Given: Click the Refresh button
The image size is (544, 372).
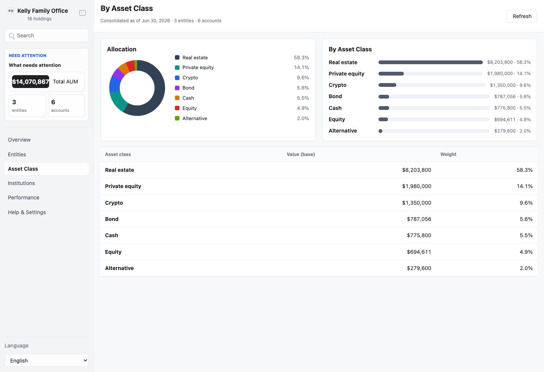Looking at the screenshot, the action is (522, 16).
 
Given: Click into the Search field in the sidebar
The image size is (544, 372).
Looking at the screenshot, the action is (46, 36).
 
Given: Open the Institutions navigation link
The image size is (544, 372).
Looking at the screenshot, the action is (22, 183).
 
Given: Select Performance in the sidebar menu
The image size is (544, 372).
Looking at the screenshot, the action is (23, 198).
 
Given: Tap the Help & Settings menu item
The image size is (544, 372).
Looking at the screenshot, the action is (27, 212).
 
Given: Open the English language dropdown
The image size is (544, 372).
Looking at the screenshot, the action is (46, 360).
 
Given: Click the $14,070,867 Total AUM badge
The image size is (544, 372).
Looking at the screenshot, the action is (31, 82).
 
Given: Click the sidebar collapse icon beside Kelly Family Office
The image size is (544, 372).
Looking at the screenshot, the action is (83, 13).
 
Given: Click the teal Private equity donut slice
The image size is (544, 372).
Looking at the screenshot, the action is (117, 102).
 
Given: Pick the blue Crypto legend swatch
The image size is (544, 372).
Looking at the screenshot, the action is (177, 78).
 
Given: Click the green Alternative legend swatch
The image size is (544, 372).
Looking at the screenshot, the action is (177, 119).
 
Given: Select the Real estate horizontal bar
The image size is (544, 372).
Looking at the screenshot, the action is (431, 62).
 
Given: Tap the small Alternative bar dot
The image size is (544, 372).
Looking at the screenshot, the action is (380, 131).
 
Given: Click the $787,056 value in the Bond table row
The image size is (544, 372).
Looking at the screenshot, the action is (419, 219).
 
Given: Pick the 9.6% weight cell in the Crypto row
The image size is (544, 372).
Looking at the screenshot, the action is (526, 203).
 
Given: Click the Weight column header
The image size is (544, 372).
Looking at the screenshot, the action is (448, 154).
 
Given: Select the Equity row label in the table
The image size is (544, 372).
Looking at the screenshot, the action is (113, 252).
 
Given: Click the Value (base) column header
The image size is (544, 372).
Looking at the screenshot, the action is (301, 154).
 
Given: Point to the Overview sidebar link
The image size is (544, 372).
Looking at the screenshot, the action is (19, 140).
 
